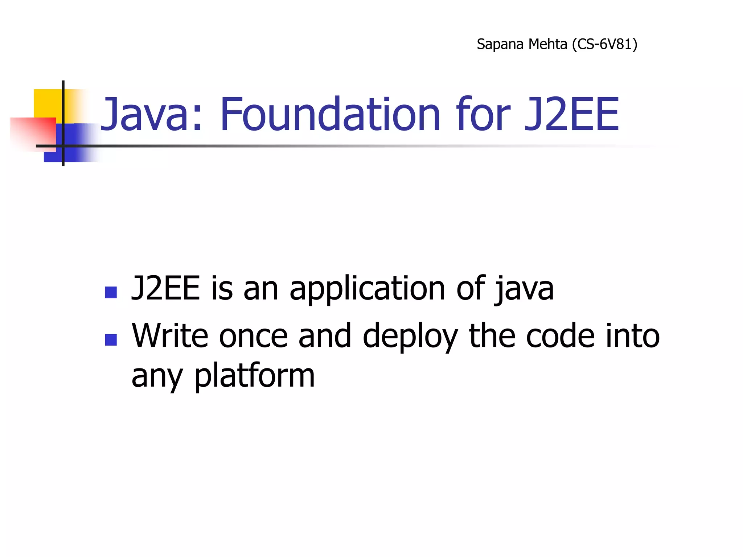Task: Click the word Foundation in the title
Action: [x=330, y=114]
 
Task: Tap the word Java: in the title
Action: [x=151, y=114]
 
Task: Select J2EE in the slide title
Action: [x=572, y=114]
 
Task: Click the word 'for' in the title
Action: [x=483, y=114]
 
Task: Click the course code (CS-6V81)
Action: [x=604, y=44]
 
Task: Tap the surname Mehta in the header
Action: [x=547, y=44]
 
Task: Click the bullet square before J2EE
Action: [x=111, y=292]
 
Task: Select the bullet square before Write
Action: [x=111, y=340]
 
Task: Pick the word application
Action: [x=367, y=289]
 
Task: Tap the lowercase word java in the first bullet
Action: [x=524, y=289]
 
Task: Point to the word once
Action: [x=253, y=337]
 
